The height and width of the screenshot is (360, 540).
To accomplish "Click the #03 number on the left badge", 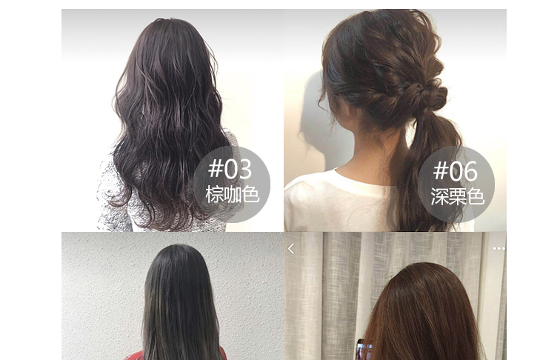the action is (x=230, y=169).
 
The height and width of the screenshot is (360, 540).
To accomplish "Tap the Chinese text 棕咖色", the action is (x=232, y=194).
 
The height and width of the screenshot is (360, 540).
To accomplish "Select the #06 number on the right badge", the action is (x=456, y=171).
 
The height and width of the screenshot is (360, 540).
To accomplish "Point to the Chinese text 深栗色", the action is (x=458, y=196).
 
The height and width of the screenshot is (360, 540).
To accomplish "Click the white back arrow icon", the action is (x=291, y=248).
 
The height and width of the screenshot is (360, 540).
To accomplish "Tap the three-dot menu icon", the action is (x=499, y=248).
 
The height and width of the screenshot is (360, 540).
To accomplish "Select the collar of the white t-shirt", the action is (x=359, y=179).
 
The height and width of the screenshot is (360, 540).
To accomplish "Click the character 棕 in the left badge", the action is (x=214, y=194).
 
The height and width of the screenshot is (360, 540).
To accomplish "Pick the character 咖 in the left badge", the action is (x=232, y=194).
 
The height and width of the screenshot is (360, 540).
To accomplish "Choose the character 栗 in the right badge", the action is (x=458, y=196).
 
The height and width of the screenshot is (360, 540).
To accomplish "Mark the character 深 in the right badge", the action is (x=440, y=196).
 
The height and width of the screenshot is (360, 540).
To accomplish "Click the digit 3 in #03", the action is (x=245, y=169).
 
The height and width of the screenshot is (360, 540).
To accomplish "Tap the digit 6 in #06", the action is (x=470, y=172).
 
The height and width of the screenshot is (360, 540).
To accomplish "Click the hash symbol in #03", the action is (x=216, y=169).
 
